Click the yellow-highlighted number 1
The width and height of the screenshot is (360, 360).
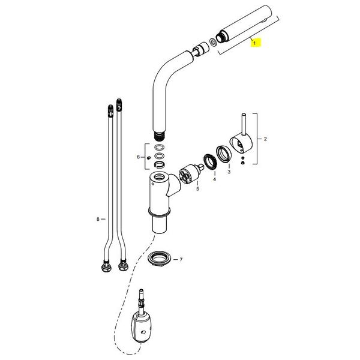[x=254, y=43]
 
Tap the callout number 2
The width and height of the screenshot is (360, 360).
[x=265, y=139]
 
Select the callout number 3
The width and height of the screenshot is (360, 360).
[x=229, y=172]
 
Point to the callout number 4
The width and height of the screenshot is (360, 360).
[x=214, y=179]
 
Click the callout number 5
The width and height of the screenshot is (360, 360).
[x=197, y=189]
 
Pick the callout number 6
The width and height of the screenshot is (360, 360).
[x=138, y=157]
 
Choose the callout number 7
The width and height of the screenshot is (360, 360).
[x=181, y=259]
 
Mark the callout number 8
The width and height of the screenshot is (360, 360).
[x=98, y=219]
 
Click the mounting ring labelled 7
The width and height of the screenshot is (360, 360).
[x=160, y=259]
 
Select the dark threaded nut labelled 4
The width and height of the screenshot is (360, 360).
[x=211, y=162]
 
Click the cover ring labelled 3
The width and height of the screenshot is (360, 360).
[x=223, y=154]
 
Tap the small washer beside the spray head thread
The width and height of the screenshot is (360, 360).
[x=213, y=42]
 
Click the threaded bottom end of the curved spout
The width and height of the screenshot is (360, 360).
[x=158, y=136]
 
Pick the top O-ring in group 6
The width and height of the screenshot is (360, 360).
[x=160, y=148]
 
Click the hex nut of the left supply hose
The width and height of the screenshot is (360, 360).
[x=106, y=267]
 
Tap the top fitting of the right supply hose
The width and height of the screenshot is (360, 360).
[x=119, y=105]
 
